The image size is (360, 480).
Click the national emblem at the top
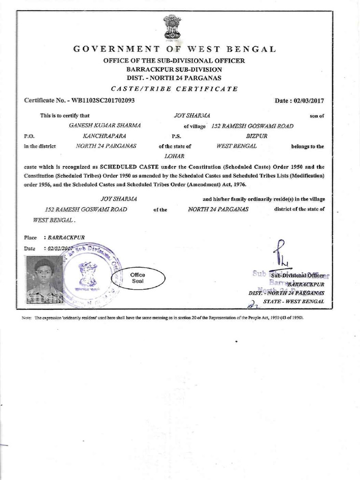tap(172, 26)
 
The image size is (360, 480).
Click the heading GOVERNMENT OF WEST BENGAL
tap(174, 49)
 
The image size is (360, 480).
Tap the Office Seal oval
tap(138, 278)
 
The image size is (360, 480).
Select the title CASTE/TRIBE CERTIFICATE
tap(174, 89)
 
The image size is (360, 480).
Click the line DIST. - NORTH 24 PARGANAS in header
tap(174, 77)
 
